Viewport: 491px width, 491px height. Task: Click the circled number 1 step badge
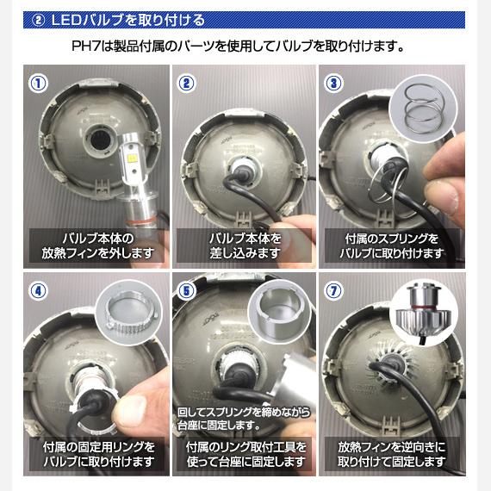pos(38,84)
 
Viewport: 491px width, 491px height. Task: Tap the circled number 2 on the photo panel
pos(187,84)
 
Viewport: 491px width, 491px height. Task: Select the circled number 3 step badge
pos(334,84)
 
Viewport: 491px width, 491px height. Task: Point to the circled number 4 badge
pos(38,291)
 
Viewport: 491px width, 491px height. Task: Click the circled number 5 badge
pos(187,291)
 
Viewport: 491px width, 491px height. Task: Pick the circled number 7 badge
pos(334,291)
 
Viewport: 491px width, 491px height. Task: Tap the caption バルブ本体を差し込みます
pos(245,245)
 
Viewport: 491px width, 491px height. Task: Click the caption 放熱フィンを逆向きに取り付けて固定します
pos(391,454)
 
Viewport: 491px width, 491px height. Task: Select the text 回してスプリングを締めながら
pos(244,412)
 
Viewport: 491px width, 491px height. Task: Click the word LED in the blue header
pos(66,21)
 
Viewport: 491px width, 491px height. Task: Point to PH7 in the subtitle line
pos(86,47)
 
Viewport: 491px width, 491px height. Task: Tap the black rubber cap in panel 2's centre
pos(242,169)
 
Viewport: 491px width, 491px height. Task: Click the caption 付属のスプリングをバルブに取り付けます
pos(391,245)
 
